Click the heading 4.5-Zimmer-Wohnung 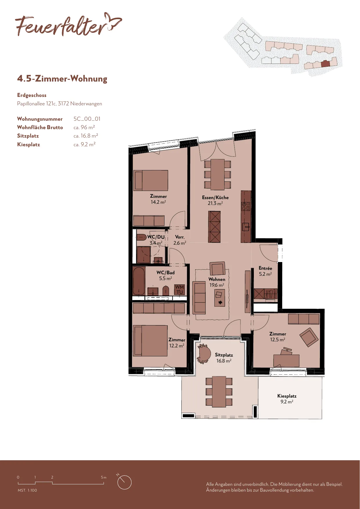(62, 79)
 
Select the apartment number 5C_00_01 (87, 119)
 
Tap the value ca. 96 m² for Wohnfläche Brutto (84, 127)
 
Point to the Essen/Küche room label (215, 200)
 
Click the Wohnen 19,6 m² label (217, 282)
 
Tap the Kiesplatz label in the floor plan (287, 399)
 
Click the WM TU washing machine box (180, 290)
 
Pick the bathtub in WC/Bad (139, 281)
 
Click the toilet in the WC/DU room (142, 237)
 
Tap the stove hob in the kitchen (246, 206)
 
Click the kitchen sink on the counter (246, 226)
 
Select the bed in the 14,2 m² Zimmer (151, 181)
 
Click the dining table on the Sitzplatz (219, 392)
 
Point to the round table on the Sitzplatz (204, 353)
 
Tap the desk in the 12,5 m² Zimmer (286, 360)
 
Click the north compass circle (124, 482)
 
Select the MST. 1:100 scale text (27, 490)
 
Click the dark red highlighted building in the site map (325, 64)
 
